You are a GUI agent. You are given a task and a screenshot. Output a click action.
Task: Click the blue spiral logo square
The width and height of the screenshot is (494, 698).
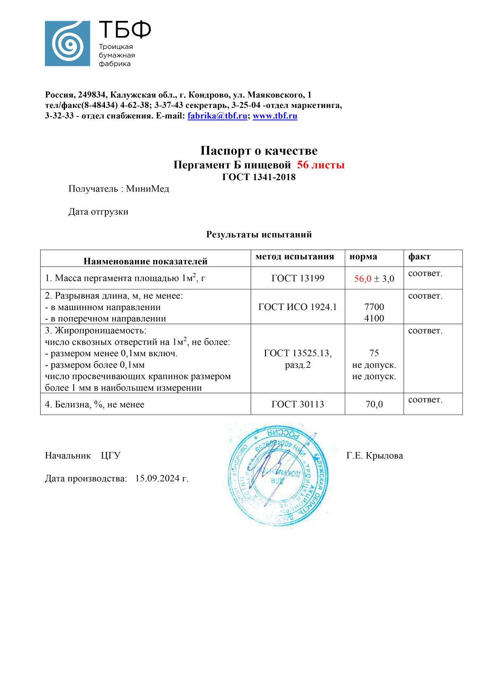[67, 44]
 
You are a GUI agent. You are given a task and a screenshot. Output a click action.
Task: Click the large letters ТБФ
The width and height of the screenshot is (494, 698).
[125, 30]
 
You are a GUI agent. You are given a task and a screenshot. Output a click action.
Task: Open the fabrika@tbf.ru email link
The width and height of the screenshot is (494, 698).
[217, 116]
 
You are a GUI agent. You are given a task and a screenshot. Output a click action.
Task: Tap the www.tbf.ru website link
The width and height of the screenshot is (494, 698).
[275, 116]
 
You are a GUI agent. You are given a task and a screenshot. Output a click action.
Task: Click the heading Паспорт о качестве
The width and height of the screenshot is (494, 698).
[259, 151]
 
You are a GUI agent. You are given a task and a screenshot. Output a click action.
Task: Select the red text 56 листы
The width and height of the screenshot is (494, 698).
[321, 165]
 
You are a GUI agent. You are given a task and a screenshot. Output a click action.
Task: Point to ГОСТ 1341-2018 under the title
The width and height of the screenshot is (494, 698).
[259, 177]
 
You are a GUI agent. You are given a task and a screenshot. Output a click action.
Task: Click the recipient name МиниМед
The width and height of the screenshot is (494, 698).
[147, 189]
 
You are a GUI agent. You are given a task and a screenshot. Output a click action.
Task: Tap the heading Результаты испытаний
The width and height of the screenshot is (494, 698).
[259, 234]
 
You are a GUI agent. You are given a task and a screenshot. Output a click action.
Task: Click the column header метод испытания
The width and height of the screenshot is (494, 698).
[294, 257]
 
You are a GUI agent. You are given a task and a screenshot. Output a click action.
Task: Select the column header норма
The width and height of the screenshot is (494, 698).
[363, 257]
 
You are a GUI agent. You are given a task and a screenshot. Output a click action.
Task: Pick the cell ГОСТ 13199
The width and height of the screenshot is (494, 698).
[298, 278]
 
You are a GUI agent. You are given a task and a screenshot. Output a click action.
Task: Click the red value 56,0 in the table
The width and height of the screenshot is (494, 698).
[363, 279]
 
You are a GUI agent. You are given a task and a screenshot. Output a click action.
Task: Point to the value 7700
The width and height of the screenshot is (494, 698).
[374, 307]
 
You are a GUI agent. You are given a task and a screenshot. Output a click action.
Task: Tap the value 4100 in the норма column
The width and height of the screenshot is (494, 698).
[374, 318]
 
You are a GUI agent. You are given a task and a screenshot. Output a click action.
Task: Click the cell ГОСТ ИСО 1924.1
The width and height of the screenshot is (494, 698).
[297, 307]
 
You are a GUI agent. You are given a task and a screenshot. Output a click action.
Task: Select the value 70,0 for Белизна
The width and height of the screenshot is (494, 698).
[374, 404]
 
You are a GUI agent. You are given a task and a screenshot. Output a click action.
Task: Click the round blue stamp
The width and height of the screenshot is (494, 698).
[278, 475]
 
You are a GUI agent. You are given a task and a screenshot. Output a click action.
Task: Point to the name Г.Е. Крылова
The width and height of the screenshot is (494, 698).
[375, 456]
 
